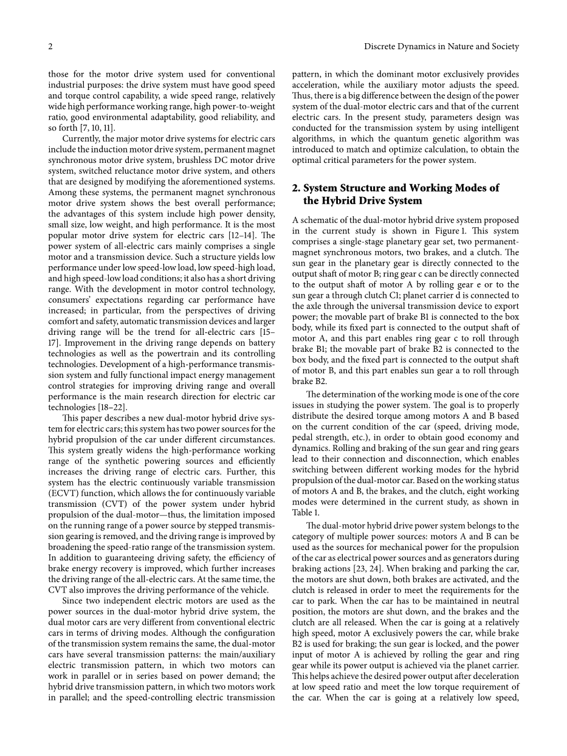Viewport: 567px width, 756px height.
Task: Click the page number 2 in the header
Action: (x=51, y=47)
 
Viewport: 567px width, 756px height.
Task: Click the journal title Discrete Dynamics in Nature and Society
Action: (x=441, y=47)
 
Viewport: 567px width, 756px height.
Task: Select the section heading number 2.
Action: (x=296, y=188)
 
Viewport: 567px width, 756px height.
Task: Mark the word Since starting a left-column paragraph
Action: (x=73, y=600)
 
